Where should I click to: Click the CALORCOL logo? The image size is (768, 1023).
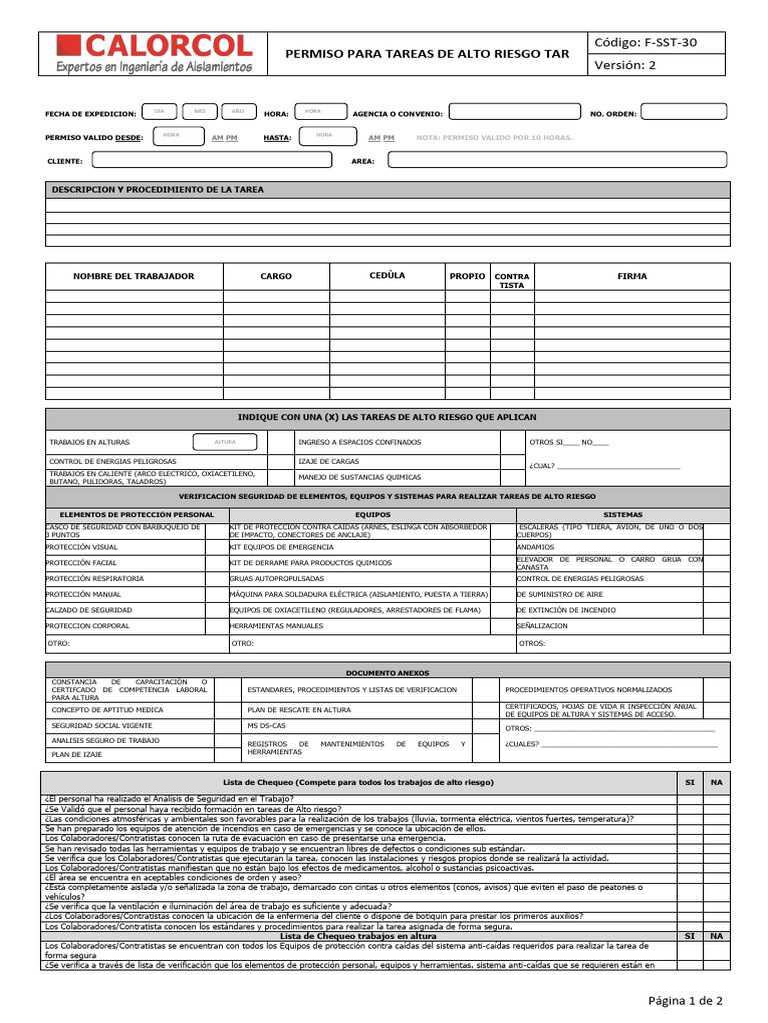click(x=155, y=53)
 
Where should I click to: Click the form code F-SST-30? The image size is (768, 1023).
click(x=646, y=42)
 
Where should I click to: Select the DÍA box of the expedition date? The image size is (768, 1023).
click(x=159, y=111)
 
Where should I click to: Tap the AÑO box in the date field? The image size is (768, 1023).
click(x=237, y=111)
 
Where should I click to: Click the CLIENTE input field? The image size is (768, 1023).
click(x=211, y=159)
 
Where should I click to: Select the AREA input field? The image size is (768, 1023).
click(x=558, y=159)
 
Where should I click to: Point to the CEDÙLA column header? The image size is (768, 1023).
click(x=387, y=276)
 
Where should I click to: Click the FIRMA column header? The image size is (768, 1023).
click(x=632, y=276)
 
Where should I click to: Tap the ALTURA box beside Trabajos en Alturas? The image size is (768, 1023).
click(x=225, y=442)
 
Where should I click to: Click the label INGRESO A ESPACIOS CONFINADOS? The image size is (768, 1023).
click(x=360, y=442)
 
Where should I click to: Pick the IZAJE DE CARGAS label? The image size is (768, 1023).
click(x=329, y=461)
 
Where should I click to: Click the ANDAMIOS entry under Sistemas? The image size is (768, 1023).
click(x=535, y=547)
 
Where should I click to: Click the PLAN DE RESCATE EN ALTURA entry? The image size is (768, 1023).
click(x=299, y=709)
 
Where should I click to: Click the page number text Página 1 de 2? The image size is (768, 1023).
click(x=685, y=1000)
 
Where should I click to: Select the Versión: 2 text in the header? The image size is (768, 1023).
click(x=626, y=66)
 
